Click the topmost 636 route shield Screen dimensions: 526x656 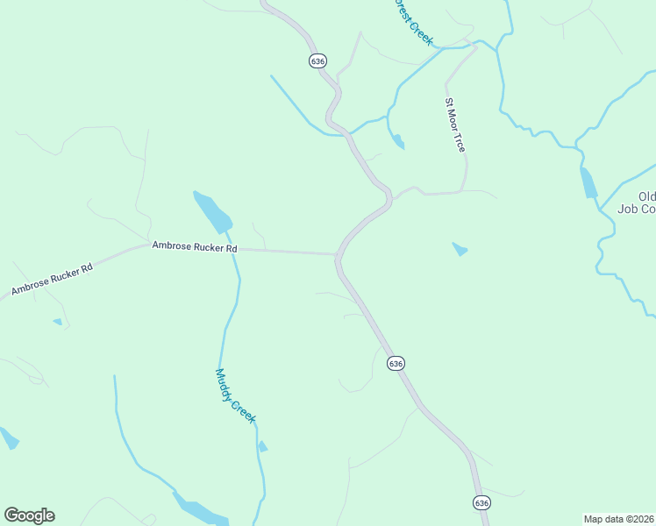click(x=317, y=60)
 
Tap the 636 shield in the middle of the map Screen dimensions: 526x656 click(x=395, y=363)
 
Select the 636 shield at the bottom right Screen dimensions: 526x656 click(x=481, y=502)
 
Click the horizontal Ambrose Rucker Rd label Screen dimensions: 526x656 click(x=195, y=248)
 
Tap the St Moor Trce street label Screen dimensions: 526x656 click(x=454, y=125)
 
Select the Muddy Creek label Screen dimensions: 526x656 click(x=235, y=395)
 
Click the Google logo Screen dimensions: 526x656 click(x=29, y=515)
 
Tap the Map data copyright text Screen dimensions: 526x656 click(x=618, y=519)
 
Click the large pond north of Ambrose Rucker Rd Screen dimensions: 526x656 click(x=212, y=211)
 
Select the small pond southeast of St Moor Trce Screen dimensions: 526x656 click(x=460, y=250)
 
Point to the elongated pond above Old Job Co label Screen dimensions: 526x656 click(x=588, y=182)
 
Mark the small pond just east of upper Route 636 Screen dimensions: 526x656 click(x=398, y=140)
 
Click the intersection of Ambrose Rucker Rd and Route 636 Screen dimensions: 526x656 click(x=338, y=255)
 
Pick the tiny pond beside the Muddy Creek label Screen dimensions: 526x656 click(x=262, y=447)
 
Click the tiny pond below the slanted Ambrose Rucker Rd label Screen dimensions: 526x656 click(x=58, y=322)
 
